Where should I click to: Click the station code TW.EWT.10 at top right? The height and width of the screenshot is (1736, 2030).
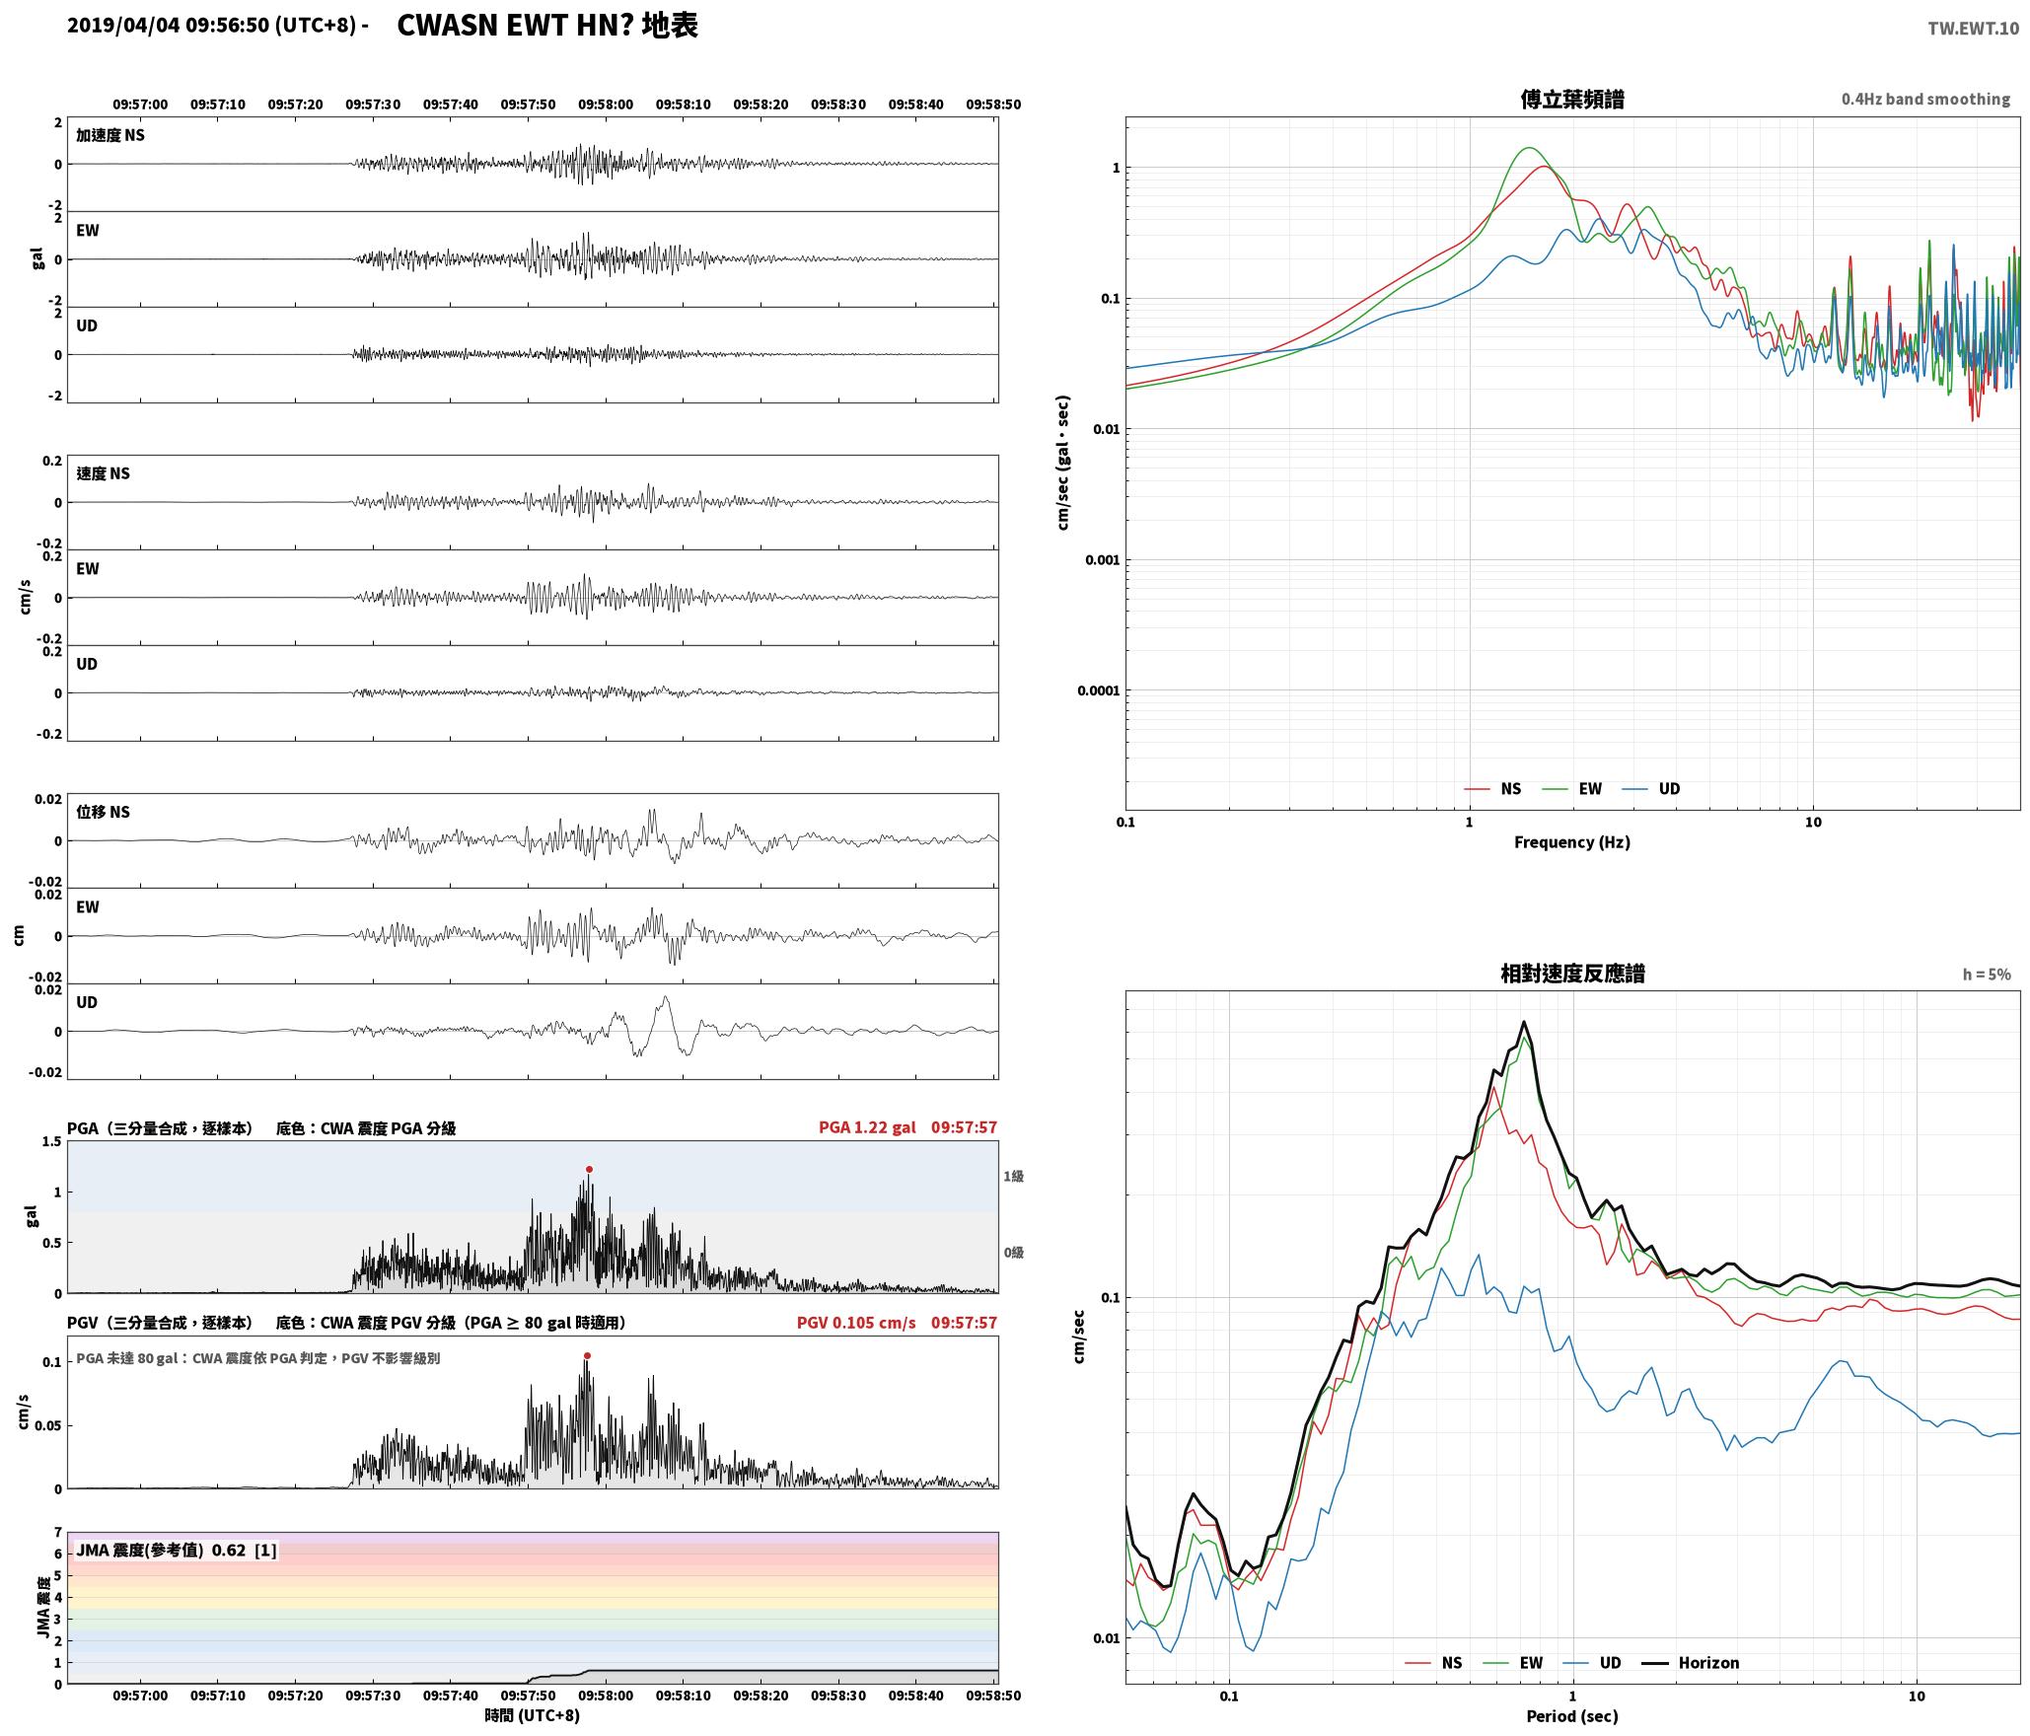click(x=1973, y=29)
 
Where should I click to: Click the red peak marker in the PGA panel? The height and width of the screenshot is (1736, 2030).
click(x=589, y=1169)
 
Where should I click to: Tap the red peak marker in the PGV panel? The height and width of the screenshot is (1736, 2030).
click(x=587, y=1355)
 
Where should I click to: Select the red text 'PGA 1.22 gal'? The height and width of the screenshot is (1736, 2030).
click(x=867, y=1127)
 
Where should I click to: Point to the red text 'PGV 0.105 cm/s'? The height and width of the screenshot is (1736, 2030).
click(x=856, y=1323)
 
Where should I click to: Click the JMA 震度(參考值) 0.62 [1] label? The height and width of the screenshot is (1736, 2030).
click(x=177, y=1551)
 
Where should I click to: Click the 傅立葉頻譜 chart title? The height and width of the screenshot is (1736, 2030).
click(x=1572, y=100)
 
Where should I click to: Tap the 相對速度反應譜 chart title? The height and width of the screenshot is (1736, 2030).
click(x=1572, y=974)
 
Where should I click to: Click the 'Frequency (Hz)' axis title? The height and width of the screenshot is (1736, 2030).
click(x=1572, y=842)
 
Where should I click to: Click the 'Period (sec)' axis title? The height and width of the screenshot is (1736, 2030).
click(x=1572, y=1716)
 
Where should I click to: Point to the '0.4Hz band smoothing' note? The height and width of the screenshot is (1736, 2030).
click(x=1925, y=100)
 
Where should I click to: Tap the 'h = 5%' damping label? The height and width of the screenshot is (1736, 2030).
click(x=1987, y=975)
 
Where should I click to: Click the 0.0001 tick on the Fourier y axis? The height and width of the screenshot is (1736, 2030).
click(x=1099, y=690)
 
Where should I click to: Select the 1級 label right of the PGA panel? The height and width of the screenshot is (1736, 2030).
click(x=1014, y=1176)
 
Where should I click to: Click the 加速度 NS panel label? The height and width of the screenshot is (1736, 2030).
click(x=110, y=135)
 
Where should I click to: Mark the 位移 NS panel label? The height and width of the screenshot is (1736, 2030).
click(x=104, y=812)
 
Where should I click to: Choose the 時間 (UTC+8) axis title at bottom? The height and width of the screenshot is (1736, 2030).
click(x=532, y=1715)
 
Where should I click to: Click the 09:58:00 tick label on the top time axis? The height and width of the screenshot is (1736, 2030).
click(x=606, y=105)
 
